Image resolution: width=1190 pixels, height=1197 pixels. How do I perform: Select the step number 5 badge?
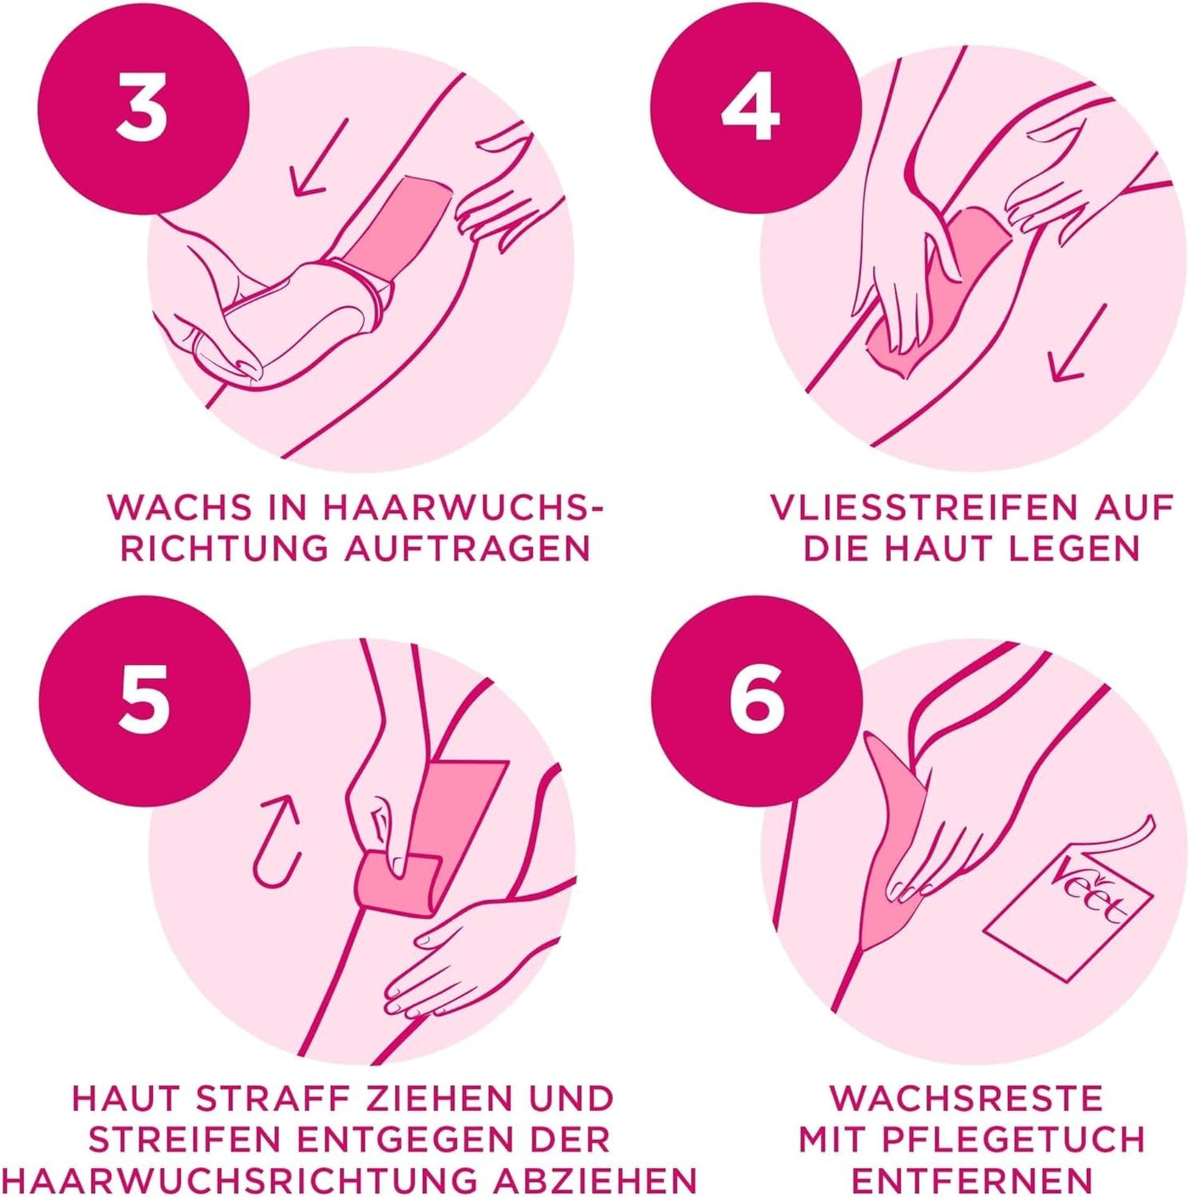[144, 706]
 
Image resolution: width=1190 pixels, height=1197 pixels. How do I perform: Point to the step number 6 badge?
[751, 706]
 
